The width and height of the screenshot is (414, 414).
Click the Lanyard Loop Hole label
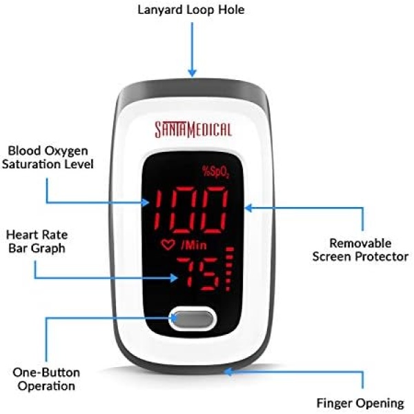click(191, 10)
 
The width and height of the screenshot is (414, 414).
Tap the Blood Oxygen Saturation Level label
click(48, 157)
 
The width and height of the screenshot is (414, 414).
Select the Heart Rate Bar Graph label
click(37, 241)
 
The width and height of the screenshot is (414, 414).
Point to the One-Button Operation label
click(46, 379)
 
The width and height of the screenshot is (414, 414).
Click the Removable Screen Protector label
click(360, 250)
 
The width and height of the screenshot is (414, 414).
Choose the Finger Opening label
click(360, 403)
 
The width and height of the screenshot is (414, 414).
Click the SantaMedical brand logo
click(193, 130)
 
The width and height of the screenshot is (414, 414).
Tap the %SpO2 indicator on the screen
click(216, 172)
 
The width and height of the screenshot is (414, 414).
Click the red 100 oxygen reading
click(190, 209)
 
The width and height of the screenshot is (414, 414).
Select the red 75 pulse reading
click(198, 273)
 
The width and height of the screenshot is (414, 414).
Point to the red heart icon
click(168, 244)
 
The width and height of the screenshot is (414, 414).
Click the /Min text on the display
click(194, 245)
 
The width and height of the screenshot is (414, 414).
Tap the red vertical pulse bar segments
click(230, 269)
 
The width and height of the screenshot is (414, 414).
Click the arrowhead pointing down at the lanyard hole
click(193, 72)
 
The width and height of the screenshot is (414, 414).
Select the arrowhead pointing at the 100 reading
click(145, 203)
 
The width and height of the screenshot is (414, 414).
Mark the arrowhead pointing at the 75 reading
click(173, 278)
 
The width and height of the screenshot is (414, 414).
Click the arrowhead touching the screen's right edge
click(248, 208)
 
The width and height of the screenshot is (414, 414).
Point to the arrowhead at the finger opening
click(228, 372)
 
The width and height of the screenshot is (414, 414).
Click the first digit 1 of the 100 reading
click(159, 209)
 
